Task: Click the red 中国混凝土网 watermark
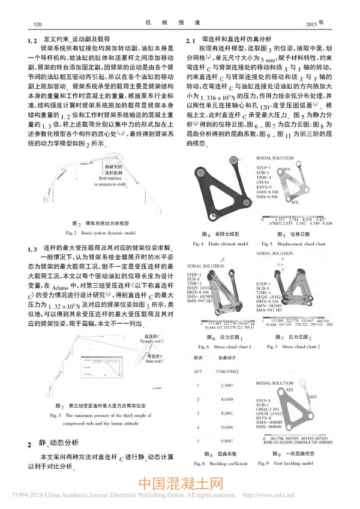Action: point(181,484)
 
